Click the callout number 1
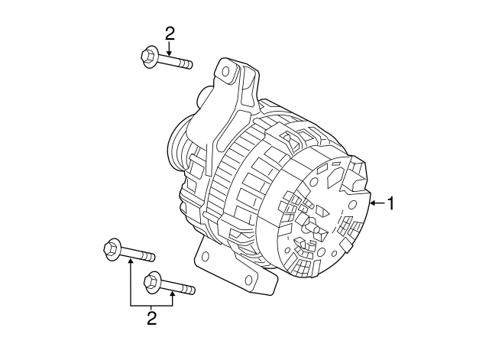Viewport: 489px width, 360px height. pyautogui.click(x=392, y=203)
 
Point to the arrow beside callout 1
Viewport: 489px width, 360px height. pyautogui.click(x=377, y=203)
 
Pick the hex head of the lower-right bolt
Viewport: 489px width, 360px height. pyautogui.click(x=152, y=281)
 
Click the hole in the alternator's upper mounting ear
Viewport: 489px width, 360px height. pyautogui.click(x=227, y=73)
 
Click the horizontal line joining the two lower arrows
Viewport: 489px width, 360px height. pyautogui.click(x=152, y=305)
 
